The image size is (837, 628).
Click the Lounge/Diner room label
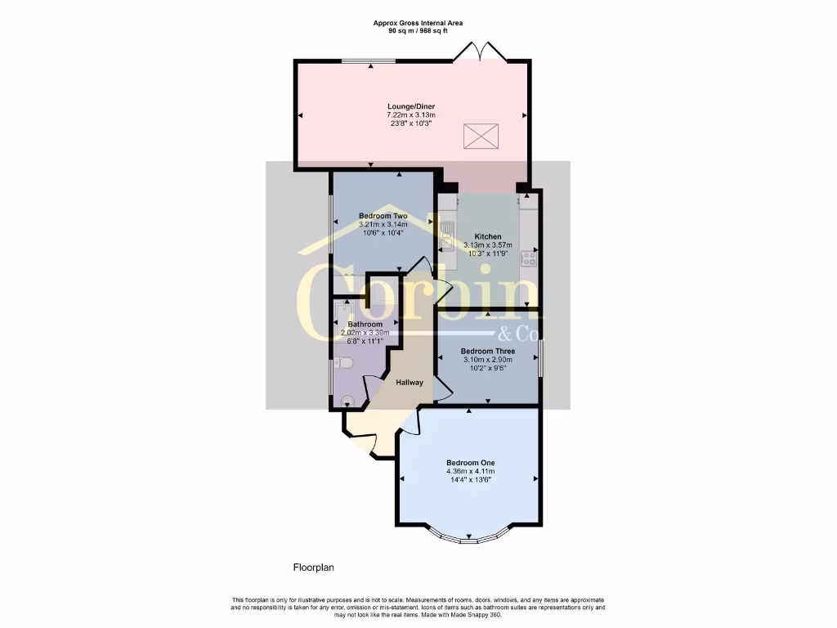click(x=410, y=106)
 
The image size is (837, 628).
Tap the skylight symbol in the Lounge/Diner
click(x=480, y=136)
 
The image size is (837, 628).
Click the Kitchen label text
click(x=488, y=236)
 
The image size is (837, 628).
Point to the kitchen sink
click(x=447, y=235)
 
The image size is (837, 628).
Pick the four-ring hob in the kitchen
click(x=529, y=258)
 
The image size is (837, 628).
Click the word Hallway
click(x=410, y=383)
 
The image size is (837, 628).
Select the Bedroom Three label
click(x=487, y=352)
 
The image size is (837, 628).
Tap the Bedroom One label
click(x=470, y=463)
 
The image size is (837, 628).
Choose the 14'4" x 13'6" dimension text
click(x=470, y=481)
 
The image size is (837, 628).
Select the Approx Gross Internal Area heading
click(x=418, y=24)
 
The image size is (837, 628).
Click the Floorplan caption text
click(x=314, y=567)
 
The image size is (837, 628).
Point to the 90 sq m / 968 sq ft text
click(x=418, y=33)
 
